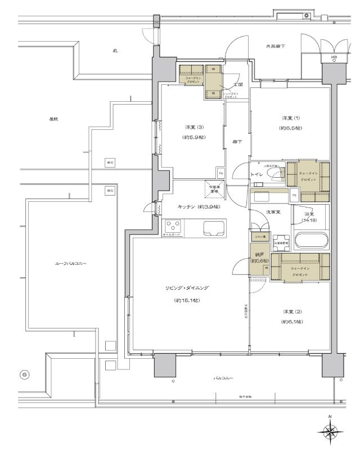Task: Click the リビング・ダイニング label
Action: tap(187, 288)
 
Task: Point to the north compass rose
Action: tap(330, 432)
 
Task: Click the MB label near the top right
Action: tap(334, 58)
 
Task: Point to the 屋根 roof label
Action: tap(54, 119)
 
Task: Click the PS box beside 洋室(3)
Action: tap(220, 173)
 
